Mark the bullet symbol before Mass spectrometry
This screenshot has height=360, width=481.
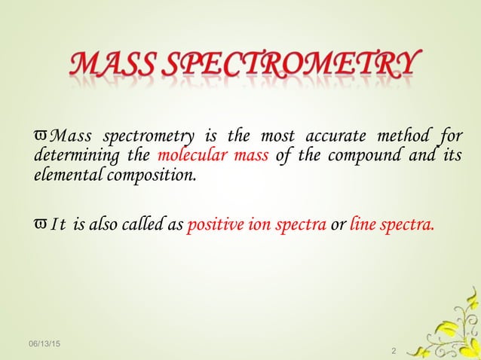42,136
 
